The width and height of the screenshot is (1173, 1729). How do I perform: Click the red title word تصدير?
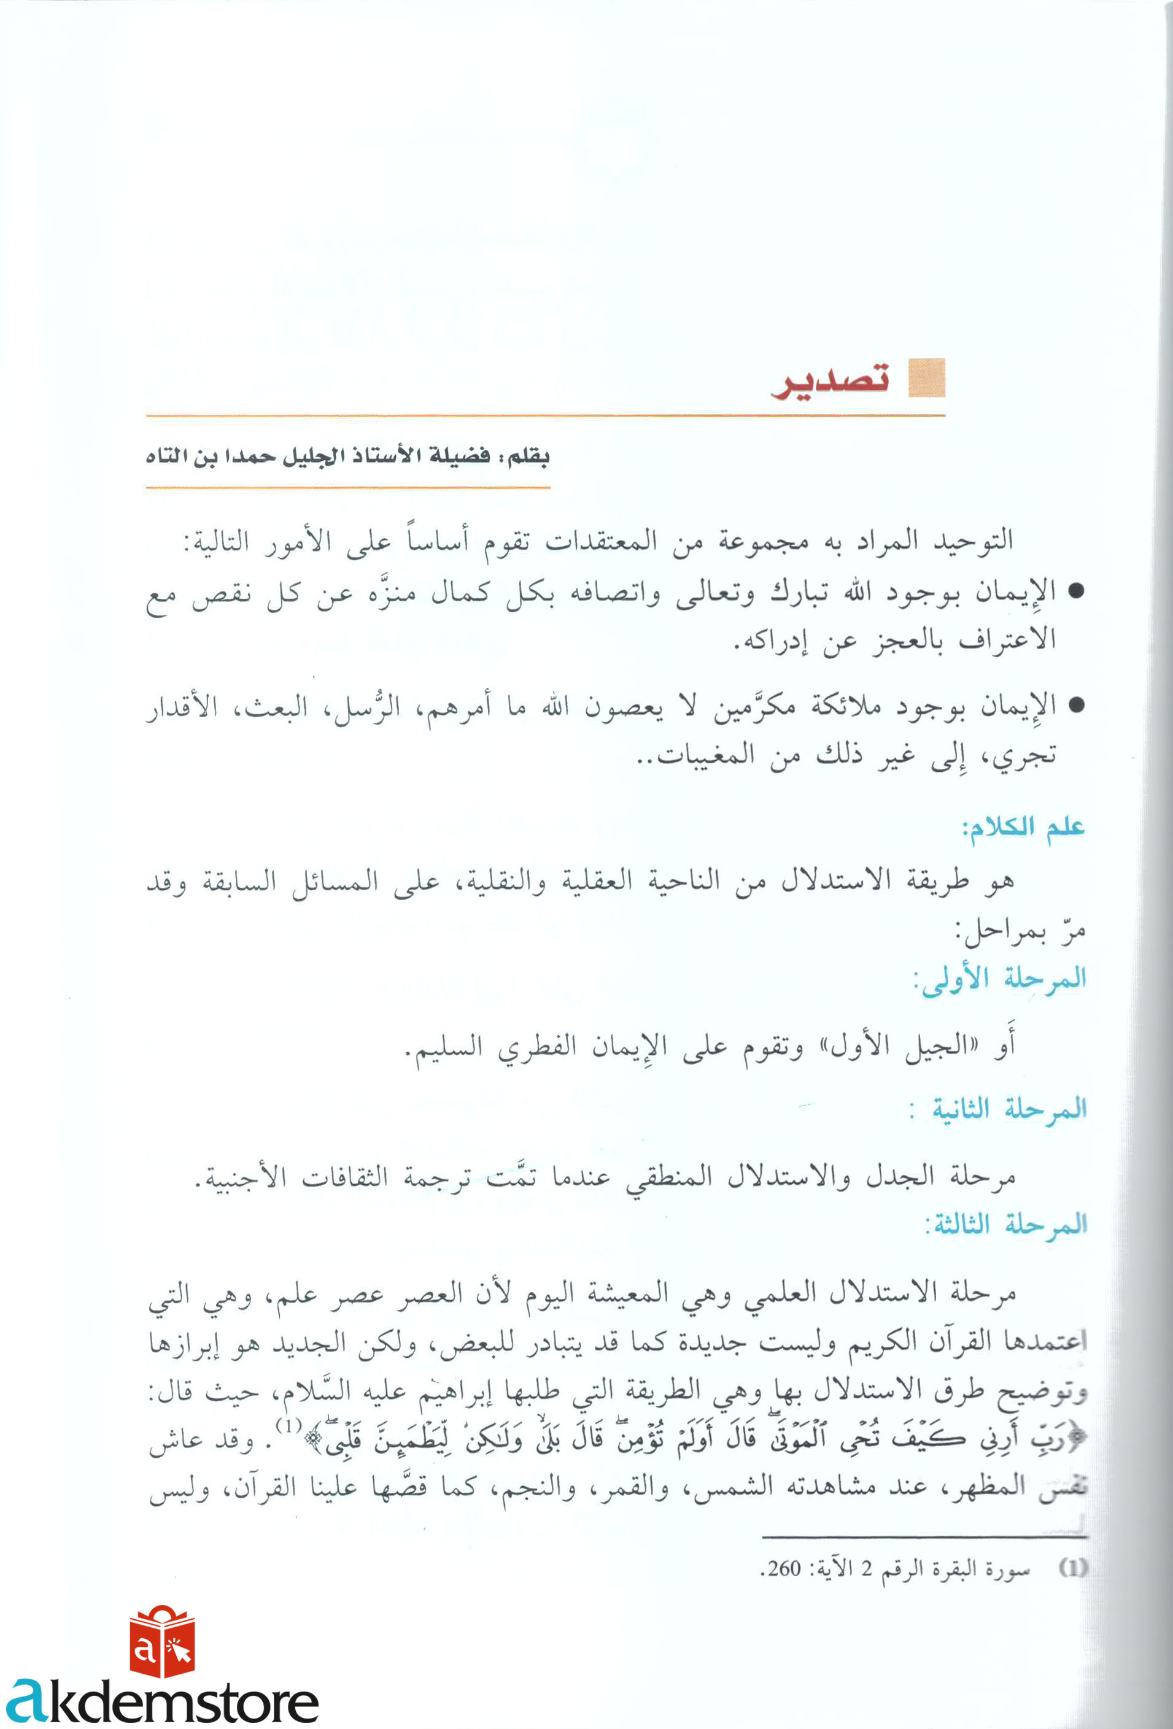click(830, 380)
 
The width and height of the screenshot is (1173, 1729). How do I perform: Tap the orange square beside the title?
click(927, 378)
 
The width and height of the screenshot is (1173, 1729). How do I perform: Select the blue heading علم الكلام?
click(1023, 827)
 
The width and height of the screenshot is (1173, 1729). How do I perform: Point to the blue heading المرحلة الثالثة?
click(1005, 1224)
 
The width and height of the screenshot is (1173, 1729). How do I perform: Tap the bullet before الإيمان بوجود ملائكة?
click(1075, 706)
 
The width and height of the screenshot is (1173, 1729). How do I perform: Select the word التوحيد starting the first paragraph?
click(974, 539)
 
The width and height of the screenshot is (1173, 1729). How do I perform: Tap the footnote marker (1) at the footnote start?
click(1072, 1568)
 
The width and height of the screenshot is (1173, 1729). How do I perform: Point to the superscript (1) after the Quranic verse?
click(288, 1425)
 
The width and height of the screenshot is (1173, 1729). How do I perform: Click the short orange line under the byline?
click(347, 488)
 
